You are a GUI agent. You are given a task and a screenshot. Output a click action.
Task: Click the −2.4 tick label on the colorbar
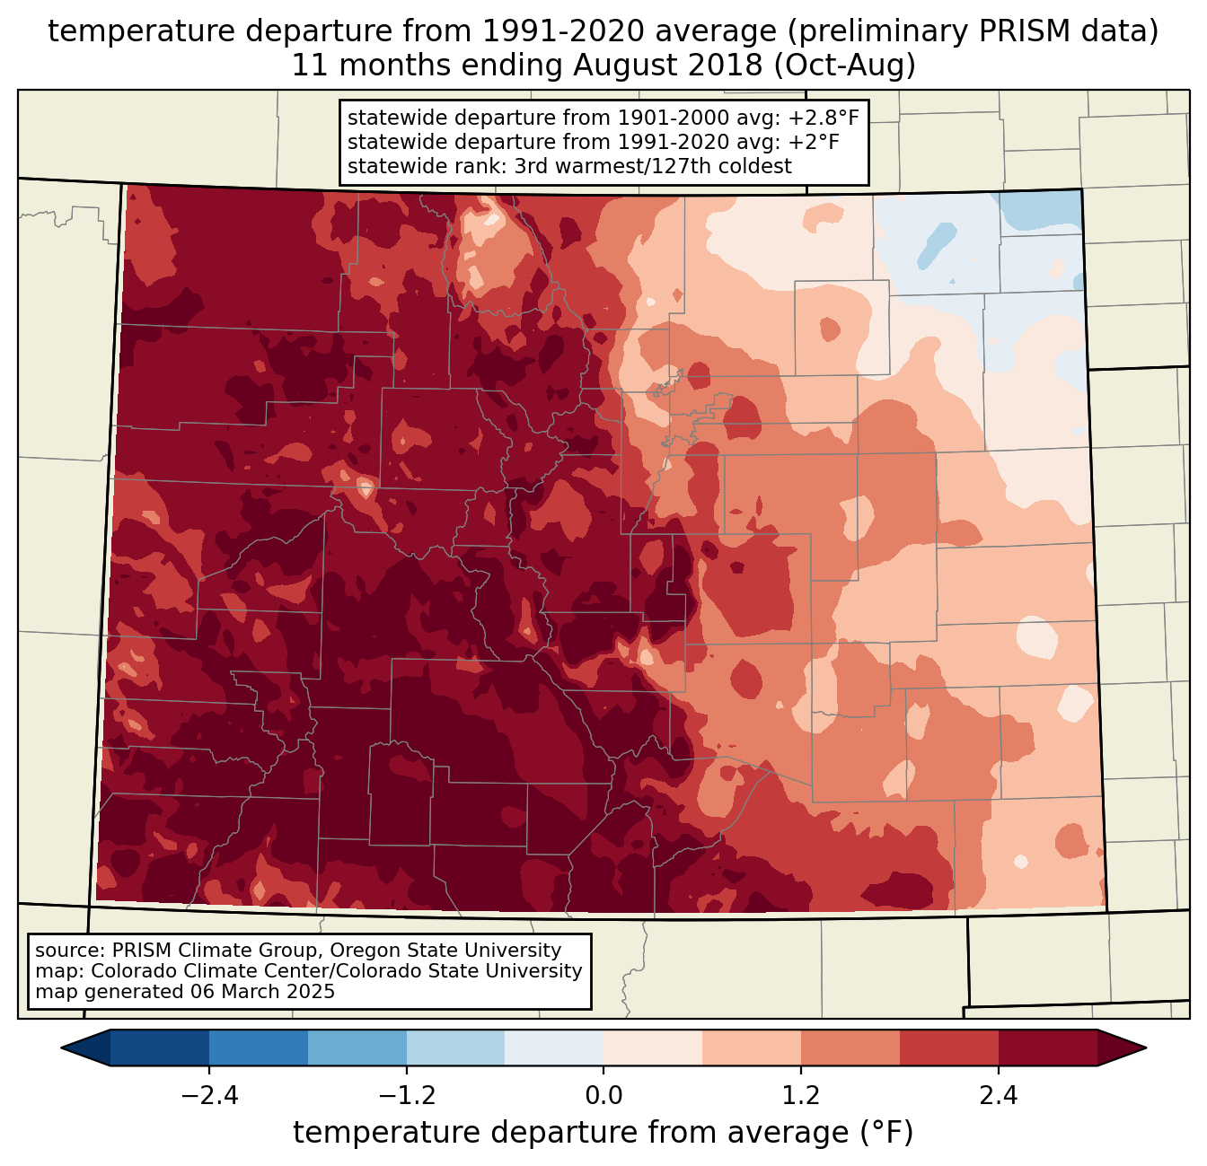[x=209, y=1095]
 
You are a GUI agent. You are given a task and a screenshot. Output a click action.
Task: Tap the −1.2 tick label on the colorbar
[x=406, y=1095]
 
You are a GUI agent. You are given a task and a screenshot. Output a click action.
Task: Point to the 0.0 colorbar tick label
[x=603, y=1095]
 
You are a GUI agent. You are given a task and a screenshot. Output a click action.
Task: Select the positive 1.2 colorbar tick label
[x=801, y=1095]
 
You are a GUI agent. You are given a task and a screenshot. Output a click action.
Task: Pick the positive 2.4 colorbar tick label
[x=998, y=1095]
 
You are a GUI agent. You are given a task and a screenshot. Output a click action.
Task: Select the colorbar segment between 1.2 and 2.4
[x=899, y=1048]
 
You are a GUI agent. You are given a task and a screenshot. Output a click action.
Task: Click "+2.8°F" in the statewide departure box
[x=824, y=118]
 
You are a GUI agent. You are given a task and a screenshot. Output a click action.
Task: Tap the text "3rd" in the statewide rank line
[x=534, y=166]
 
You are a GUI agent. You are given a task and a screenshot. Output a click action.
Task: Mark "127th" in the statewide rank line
[x=680, y=166]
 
